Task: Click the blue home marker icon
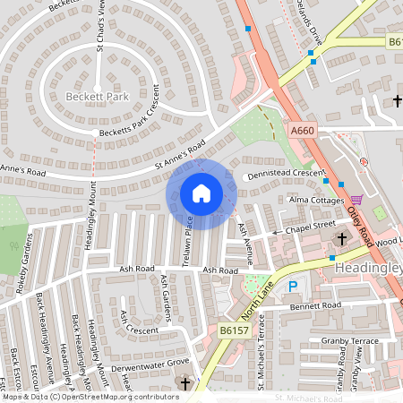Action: [201, 193]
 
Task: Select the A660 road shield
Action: [304, 131]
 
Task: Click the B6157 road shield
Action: [234, 331]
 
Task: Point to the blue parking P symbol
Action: [292, 287]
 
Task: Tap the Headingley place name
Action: [367, 268]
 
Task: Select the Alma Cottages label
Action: [312, 199]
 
